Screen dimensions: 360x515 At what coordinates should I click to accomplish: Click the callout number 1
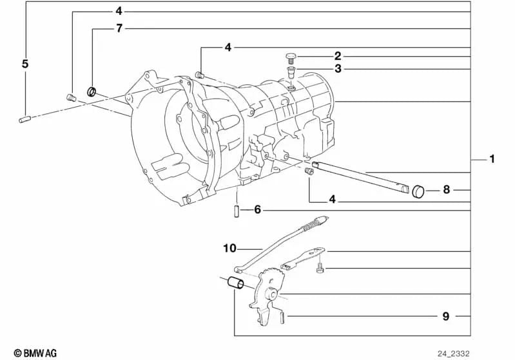tap(492, 159)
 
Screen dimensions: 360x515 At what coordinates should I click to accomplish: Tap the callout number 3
tap(338, 68)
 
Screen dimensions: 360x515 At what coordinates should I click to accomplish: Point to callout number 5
tap(25, 64)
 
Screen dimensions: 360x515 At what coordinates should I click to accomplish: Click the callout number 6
tap(257, 210)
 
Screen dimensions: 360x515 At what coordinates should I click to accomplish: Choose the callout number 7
tap(119, 29)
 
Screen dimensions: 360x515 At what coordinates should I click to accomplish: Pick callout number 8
tap(445, 190)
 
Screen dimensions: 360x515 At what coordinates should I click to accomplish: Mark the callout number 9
tap(445, 316)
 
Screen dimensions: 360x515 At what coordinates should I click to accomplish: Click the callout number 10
tap(230, 247)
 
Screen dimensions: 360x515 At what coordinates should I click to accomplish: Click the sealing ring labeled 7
tap(93, 91)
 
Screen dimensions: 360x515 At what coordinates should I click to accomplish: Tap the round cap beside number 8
tap(421, 191)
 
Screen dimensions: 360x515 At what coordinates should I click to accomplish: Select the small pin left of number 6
tap(237, 211)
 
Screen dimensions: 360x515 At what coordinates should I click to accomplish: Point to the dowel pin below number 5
tap(24, 118)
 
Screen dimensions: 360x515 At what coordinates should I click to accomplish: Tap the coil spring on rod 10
tap(312, 226)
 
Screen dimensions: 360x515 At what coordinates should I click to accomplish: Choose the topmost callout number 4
tap(119, 11)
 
